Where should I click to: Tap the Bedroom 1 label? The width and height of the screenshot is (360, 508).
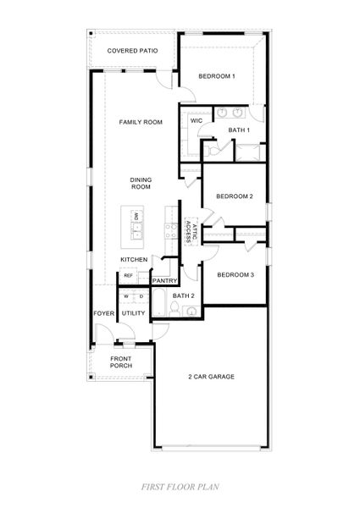(x=216, y=77)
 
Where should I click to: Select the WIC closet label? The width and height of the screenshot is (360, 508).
(x=196, y=121)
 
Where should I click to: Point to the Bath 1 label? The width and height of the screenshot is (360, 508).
(x=239, y=130)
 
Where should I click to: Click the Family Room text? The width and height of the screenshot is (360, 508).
(x=140, y=123)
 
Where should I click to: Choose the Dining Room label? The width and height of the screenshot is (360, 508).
(x=140, y=183)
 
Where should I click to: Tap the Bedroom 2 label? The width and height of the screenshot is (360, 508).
(x=235, y=196)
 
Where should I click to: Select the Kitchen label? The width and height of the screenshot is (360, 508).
(x=134, y=259)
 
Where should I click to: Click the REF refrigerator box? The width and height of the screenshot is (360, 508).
(x=129, y=275)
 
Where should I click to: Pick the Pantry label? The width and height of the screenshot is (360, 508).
(x=163, y=279)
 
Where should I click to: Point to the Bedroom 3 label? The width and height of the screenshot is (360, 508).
(x=235, y=274)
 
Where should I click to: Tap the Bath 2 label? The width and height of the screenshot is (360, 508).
(x=184, y=295)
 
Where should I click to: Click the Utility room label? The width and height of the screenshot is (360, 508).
(x=134, y=313)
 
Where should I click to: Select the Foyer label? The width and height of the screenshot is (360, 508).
(x=102, y=313)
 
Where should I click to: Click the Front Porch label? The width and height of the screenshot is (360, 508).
(x=120, y=362)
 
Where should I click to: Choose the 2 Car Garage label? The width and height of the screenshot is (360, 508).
(x=211, y=376)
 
